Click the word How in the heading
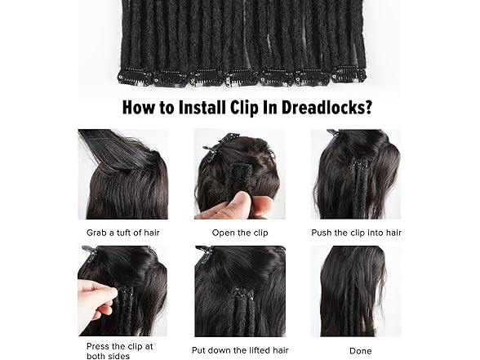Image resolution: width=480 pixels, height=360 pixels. click(x=139, y=108)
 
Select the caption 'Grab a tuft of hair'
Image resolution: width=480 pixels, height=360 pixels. click(x=123, y=233)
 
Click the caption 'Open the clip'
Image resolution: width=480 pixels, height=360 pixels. click(x=240, y=233)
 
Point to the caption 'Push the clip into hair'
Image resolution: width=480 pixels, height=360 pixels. click(x=356, y=233)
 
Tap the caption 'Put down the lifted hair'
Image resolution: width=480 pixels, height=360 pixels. click(x=240, y=350)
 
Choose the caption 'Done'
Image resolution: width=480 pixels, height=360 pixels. click(x=361, y=351)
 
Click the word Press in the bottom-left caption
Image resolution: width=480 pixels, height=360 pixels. click(x=97, y=346)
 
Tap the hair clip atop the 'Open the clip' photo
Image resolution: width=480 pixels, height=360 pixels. click(x=217, y=149)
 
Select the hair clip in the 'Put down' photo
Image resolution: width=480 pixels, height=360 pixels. click(x=205, y=253)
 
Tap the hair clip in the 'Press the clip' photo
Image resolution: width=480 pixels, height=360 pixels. click(x=91, y=251)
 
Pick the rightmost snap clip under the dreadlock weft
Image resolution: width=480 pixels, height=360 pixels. click(x=349, y=75)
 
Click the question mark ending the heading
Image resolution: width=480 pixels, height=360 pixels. click(x=367, y=107)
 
